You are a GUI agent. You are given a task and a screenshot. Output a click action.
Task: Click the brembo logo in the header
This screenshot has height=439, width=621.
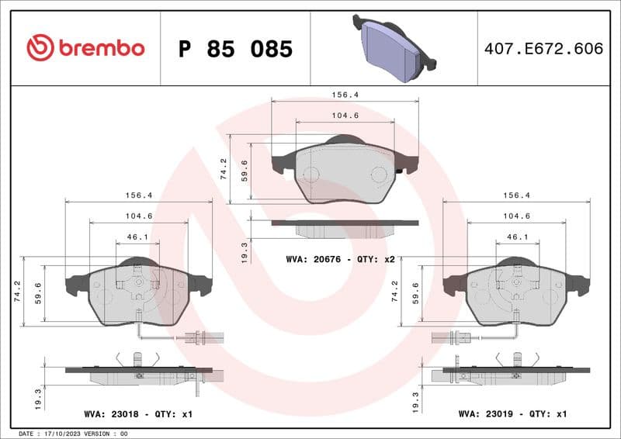[85, 48]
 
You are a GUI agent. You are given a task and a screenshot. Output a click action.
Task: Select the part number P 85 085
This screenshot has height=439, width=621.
[235, 49]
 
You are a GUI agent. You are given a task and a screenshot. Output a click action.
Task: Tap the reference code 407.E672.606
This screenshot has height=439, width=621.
[543, 49]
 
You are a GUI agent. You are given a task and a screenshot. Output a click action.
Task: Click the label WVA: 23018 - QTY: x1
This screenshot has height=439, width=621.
[138, 414]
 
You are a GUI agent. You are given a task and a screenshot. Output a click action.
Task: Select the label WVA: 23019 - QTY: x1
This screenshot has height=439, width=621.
[513, 414]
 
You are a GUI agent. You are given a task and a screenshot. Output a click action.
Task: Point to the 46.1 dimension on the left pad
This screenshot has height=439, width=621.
[137, 237]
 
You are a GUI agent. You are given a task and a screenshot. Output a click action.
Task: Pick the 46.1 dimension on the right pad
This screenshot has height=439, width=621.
[517, 237]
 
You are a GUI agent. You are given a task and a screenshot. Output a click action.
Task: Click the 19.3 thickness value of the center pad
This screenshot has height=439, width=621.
[245, 251]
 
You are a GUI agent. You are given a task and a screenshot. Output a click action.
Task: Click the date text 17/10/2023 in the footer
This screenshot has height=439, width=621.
[66, 434]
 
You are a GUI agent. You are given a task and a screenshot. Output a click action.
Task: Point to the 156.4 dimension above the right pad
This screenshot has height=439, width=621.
[517, 195]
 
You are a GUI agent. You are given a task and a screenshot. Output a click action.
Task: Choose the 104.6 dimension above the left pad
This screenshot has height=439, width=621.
[137, 216]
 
